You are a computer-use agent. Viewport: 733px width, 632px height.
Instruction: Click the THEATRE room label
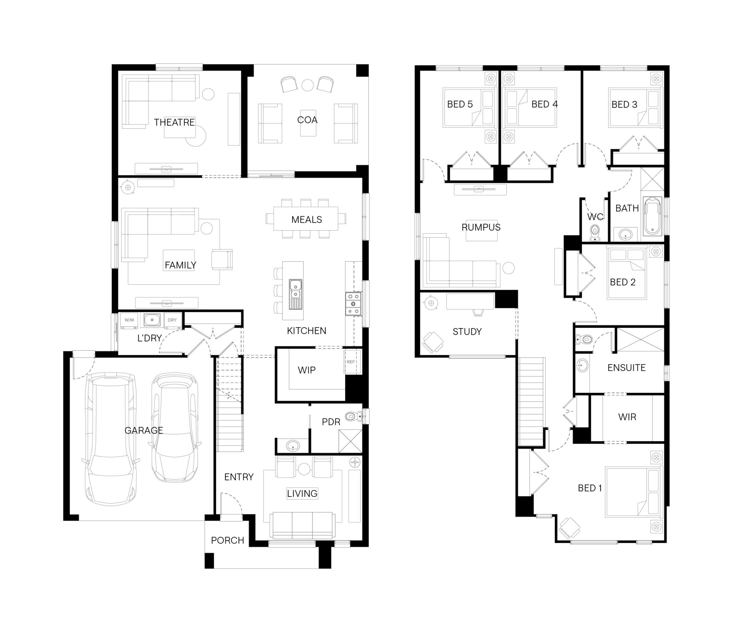tap(174, 122)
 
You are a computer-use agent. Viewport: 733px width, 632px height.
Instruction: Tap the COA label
tap(307, 120)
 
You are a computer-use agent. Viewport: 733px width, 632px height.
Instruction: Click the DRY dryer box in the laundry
tap(172, 320)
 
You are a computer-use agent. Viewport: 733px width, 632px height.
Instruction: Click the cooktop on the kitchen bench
tap(353, 304)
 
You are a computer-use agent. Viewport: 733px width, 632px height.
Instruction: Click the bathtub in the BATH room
tap(653, 216)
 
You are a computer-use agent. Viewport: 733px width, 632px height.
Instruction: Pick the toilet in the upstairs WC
tap(594, 232)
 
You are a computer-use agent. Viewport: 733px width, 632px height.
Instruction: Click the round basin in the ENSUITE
tap(582, 365)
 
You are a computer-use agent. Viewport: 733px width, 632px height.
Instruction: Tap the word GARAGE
tap(144, 430)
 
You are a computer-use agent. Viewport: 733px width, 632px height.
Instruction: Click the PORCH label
tap(227, 540)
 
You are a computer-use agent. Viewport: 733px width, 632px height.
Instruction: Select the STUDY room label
tap(467, 332)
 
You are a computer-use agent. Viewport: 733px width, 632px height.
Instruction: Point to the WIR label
tap(627, 417)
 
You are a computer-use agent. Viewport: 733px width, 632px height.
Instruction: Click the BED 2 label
tap(622, 282)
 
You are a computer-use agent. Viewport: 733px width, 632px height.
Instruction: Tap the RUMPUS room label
tap(481, 227)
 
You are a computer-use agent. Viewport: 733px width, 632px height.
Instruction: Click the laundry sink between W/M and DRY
tap(152, 319)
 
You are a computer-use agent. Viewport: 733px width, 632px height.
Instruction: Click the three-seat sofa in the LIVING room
tap(302, 525)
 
